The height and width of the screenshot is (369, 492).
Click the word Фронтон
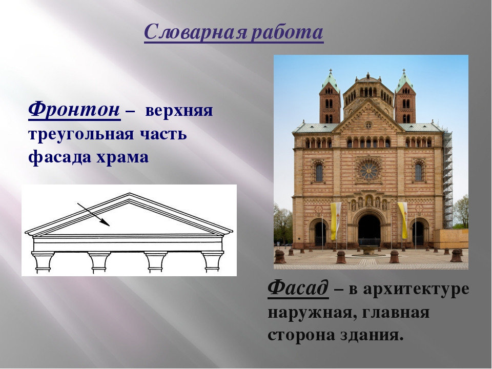click(x=74, y=109)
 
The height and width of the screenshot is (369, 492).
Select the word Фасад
click(x=298, y=289)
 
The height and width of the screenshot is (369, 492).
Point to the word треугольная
click(x=82, y=134)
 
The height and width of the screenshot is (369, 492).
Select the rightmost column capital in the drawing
click(x=212, y=261)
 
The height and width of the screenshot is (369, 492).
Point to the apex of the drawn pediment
click(x=130, y=195)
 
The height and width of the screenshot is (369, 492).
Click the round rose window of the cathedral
click(x=368, y=170)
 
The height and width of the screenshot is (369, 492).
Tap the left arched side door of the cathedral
click(x=320, y=233)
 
